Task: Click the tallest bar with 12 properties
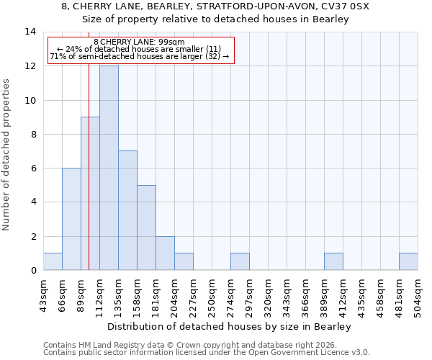point(109,168)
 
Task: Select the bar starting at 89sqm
point(90,193)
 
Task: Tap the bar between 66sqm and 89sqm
point(71,219)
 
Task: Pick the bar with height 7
point(127,210)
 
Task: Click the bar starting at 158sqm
point(146,228)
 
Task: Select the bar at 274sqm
point(240,262)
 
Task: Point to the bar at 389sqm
point(333,262)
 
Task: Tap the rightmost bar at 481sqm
point(408,262)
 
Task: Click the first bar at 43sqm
point(53,262)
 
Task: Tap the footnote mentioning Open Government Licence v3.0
point(207,353)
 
